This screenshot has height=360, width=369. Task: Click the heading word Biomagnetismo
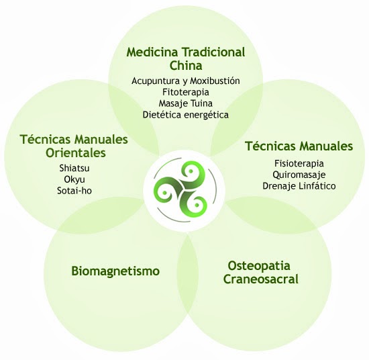(115, 271)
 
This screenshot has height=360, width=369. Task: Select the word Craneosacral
(261, 279)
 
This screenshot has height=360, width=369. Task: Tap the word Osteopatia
(259, 266)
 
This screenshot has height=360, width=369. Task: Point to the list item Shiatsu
(74, 168)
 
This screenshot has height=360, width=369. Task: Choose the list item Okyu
(74, 179)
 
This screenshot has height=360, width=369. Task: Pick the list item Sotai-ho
(74, 191)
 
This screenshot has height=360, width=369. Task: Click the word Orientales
(76, 152)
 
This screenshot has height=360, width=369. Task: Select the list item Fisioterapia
(299, 163)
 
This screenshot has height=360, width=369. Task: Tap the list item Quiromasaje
(299, 175)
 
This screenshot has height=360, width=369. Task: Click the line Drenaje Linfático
(299, 186)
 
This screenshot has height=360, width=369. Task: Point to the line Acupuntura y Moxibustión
(186, 81)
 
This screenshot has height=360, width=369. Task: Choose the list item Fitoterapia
(186, 92)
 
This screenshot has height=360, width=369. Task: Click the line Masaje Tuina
(186, 103)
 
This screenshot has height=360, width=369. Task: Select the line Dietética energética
(186, 115)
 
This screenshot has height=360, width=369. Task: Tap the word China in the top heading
(186, 66)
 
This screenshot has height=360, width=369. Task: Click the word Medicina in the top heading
(152, 52)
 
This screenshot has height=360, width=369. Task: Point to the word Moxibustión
(215, 81)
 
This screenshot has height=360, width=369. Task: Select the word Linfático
(317, 186)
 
